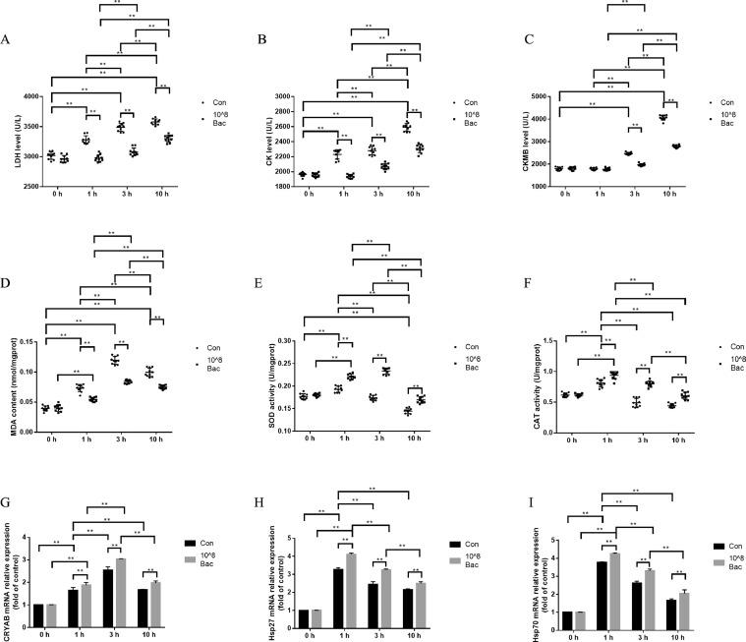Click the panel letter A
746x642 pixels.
point(7,40)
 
